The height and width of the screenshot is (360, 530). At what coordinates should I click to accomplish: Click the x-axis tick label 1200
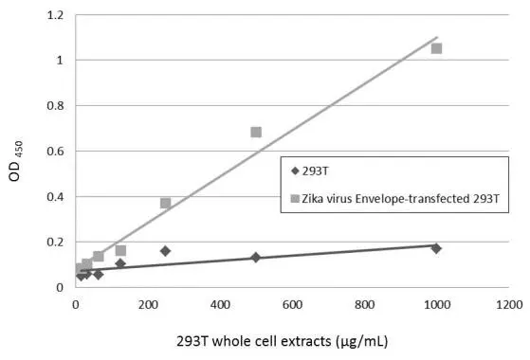tap(509, 305)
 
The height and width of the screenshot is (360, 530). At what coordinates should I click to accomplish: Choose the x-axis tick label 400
tap(220, 305)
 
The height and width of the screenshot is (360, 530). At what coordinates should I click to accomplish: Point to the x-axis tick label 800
tap(365, 305)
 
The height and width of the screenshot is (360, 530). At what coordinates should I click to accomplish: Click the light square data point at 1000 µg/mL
tap(436, 48)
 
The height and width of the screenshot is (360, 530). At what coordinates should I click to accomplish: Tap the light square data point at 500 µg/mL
tap(256, 132)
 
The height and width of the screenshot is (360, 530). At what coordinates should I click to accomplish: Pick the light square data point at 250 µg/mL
tap(166, 203)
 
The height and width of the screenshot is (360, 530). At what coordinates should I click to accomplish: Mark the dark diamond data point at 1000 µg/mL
tap(436, 248)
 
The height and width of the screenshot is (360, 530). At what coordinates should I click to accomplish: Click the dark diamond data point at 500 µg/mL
tap(256, 257)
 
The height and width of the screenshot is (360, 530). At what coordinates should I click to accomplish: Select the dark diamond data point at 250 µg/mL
tap(166, 251)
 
